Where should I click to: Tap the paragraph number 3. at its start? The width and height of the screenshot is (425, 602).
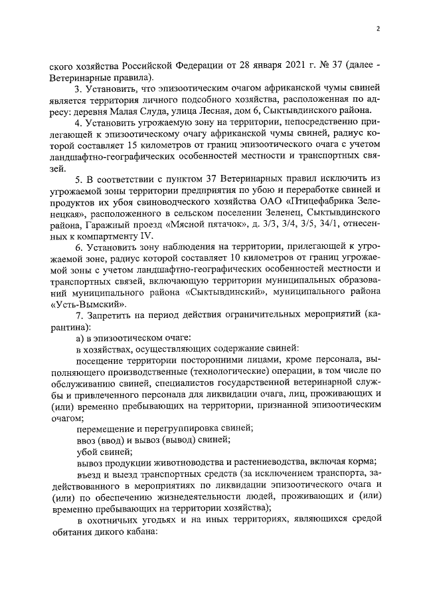point(78,88)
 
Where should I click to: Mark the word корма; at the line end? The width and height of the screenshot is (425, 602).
point(362,460)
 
